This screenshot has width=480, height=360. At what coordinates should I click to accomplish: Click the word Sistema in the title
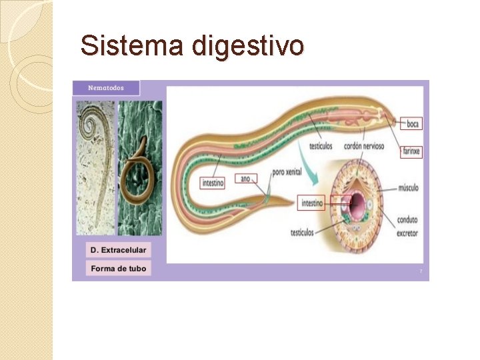pyautogui.click(x=131, y=46)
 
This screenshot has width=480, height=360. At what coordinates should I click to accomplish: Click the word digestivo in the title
pyautogui.click(x=248, y=47)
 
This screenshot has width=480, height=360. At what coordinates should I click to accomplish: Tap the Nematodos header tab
pyautogui.click(x=107, y=88)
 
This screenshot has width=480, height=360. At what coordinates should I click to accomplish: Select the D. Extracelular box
pyautogui.click(x=118, y=250)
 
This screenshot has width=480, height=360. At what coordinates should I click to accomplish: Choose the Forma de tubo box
pyautogui.click(x=118, y=269)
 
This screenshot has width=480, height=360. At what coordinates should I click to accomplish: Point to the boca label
pyautogui.click(x=413, y=123)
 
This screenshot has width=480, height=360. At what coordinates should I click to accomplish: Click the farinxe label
pyautogui.click(x=412, y=151)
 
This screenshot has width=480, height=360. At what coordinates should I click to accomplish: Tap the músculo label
pyautogui.click(x=407, y=188)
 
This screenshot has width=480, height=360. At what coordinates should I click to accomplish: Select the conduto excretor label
pyautogui.click(x=407, y=227)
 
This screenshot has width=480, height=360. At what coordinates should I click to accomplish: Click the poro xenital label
pyautogui.click(x=287, y=172)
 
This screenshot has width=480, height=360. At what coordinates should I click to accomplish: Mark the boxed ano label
pyautogui.click(x=245, y=178)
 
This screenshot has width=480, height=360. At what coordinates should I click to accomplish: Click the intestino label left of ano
pyautogui.click(x=213, y=181)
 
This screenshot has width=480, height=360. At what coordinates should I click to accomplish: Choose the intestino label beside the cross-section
pyautogui.click(x=312, y=203)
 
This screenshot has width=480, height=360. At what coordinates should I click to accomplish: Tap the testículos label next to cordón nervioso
pyautogui.click(x=323, y=147)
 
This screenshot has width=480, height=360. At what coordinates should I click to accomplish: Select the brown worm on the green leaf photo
pyautogui.click(x=139, y=167)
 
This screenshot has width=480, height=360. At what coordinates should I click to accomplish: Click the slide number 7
pyautogui.click(x=421, y=271)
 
